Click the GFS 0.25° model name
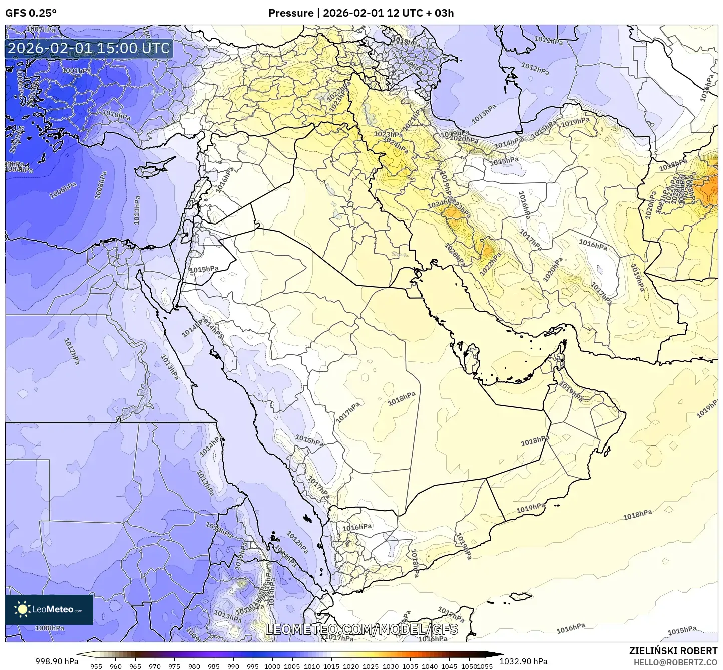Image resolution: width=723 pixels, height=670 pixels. pyautogui.click(x=31, y=13)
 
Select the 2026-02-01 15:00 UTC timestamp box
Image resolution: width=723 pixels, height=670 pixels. pyautogui.click(x=89, y=49)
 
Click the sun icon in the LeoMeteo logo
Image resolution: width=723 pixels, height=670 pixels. pyautogui.click(x=22, y=609)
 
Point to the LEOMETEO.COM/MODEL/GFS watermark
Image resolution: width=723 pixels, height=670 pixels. pyautogui.click(x=362, y=629)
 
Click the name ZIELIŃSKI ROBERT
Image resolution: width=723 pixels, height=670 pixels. pyautogui.click(x=673, y=651)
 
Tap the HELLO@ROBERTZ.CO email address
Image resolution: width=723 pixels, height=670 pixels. pyautogui.click(x=675, y=662)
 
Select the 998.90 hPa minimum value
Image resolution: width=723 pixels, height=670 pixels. pyautogui.click(x=57, y=661)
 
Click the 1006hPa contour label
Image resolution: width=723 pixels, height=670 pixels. pyautogui.click(x=63, y=191)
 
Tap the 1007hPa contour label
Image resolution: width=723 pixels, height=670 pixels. pyautogui.click(x=41, y=30)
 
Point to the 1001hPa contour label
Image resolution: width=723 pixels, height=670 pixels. pyautogui.click(x=77, y=71)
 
